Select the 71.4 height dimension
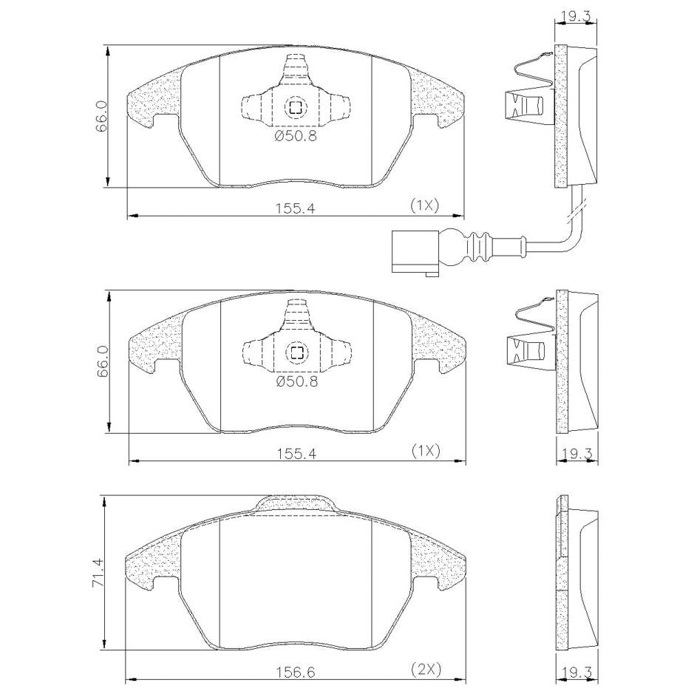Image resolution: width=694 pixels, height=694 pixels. point(98,572)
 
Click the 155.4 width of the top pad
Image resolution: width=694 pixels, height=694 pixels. point(295,208)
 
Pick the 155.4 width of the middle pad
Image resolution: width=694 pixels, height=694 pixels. point(296,454)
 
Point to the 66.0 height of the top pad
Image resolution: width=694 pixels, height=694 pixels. point(102,116)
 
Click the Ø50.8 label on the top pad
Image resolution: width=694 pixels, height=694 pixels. point(296,136)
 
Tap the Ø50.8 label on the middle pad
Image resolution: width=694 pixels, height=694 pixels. point(297,381)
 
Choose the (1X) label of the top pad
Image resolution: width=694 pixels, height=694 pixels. point(424,205)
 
